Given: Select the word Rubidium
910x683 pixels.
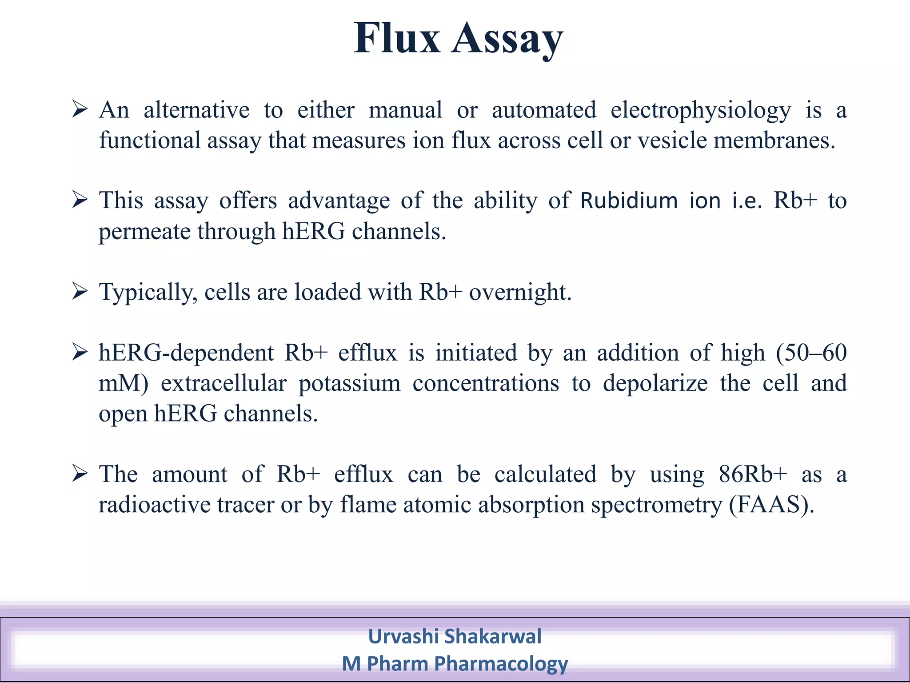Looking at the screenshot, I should (x=629, y=201).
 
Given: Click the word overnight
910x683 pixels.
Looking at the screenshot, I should (x=520, y=293).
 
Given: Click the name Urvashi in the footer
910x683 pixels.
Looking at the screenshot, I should (x=403, y=636).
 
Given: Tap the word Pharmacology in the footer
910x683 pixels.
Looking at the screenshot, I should (x=501, y=664).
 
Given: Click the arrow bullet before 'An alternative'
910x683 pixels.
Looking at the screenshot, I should (x=80, y=109).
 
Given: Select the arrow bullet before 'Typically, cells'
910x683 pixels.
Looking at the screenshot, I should (x=80, y=292).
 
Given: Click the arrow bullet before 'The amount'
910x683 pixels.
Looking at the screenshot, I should (x=80, y=474).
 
